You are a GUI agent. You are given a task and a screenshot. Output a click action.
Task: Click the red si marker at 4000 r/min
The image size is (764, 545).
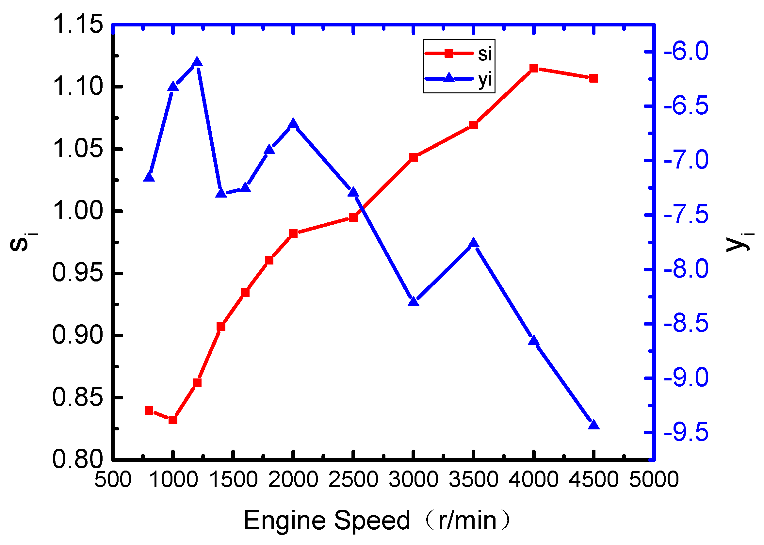(533, 69)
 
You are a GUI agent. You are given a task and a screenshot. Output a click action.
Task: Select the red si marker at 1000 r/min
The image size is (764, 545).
(173, 420)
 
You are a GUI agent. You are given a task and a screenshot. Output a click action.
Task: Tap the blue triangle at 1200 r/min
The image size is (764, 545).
(197, 62)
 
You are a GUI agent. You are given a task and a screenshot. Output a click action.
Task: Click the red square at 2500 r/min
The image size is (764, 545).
(353, 217)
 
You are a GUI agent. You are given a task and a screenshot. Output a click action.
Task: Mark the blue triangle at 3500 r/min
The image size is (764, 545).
(474, 243)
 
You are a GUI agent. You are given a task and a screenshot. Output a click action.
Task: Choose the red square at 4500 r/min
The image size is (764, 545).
(594, 78)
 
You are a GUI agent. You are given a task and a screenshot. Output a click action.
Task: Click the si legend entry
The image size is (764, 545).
(459, 53)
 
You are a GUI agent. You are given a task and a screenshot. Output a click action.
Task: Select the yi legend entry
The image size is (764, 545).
(459, 79)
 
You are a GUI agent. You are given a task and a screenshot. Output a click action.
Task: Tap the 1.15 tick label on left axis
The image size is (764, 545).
(78, 24)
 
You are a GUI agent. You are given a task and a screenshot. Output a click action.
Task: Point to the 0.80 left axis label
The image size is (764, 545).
(78, 459)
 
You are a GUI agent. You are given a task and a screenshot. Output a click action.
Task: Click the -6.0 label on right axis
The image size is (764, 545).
(686, 51)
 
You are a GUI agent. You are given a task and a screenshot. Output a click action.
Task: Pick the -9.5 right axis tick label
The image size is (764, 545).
(686, 433)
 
